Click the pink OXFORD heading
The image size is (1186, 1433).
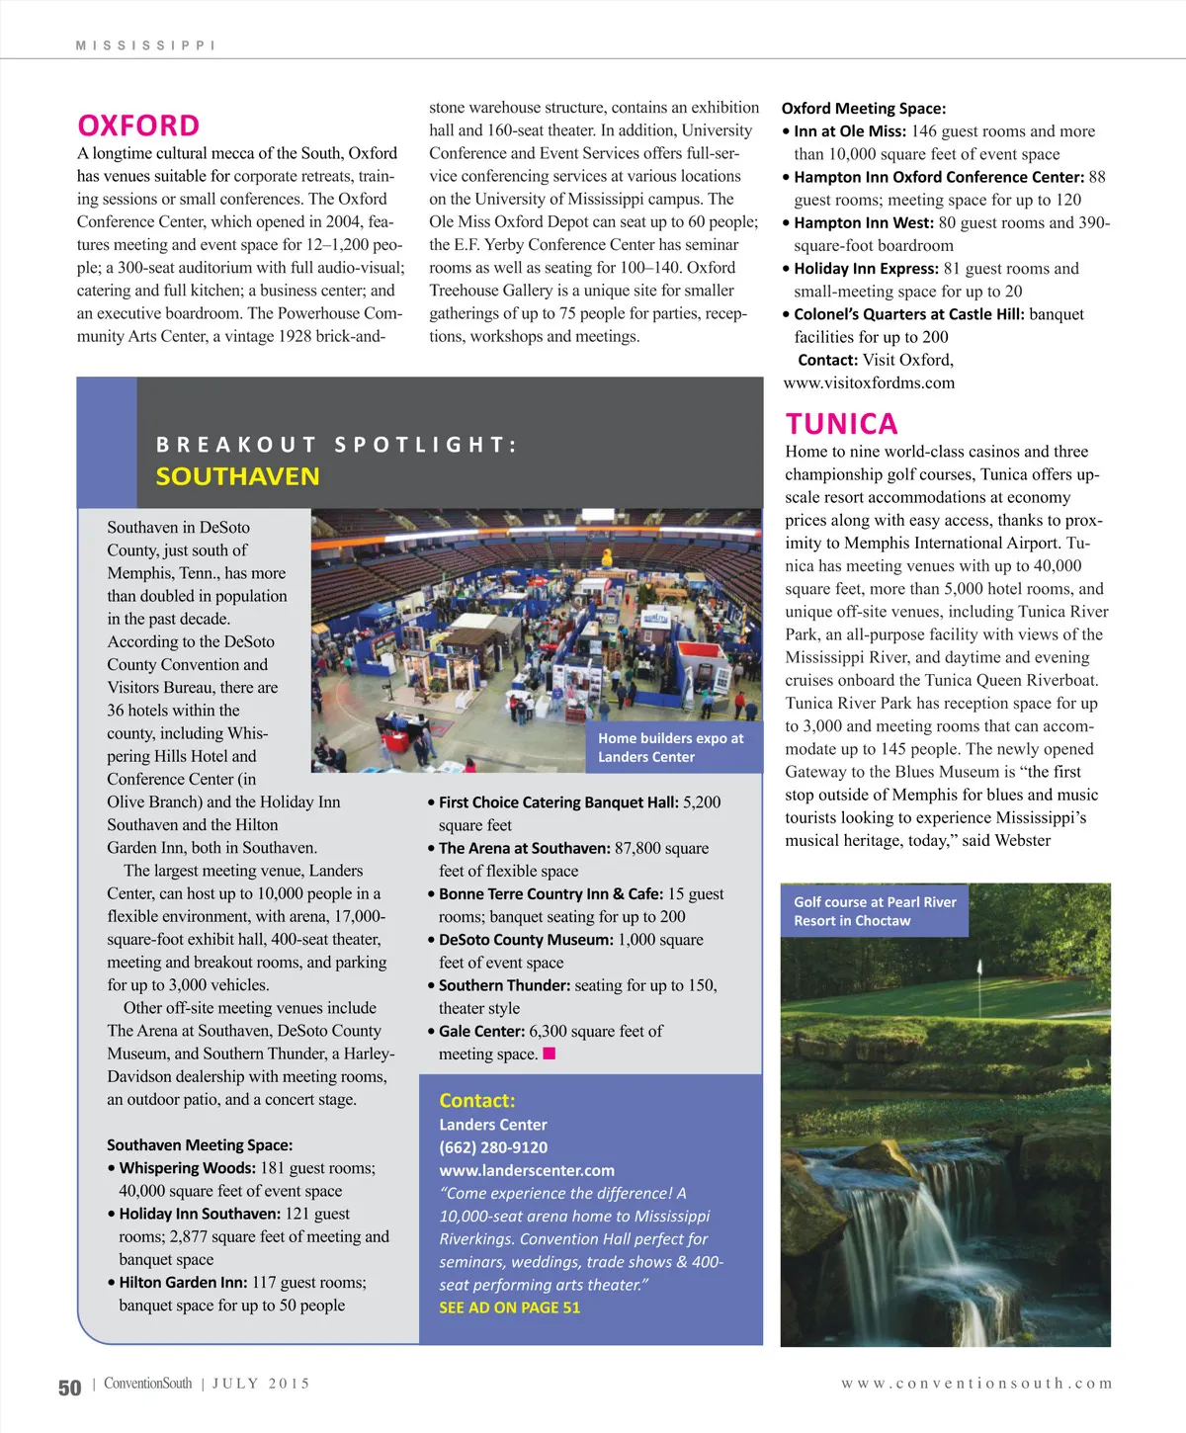(x=138, y=126)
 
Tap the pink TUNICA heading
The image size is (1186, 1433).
(x=841, y=424)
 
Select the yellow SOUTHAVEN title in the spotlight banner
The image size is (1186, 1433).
(x=237, y=476)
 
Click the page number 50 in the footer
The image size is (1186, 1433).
(x=69, y=1388)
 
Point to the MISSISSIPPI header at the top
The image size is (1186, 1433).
(x=145, y=45)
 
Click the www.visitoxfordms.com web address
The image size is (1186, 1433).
(x=869, y=382)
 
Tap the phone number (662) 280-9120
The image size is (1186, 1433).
(x=493, y=1147)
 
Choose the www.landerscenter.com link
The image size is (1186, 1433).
(x=527, y=1170)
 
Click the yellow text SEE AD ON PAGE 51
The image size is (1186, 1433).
(x=509, y=1307)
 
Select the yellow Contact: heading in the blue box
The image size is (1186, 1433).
(x=477, y=1101)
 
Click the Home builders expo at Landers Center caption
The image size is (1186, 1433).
(x=671, y=747)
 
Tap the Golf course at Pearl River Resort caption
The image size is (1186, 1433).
(x=875, y=911)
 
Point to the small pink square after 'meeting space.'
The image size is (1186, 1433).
(x=550, y=1054)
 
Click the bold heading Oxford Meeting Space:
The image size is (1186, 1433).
(x=863, y=109)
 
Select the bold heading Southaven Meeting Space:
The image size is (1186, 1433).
(x=200, y=1144)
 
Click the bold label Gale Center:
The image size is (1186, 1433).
(x=481, y=1031)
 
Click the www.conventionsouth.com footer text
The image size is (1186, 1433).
(x=976, y=1384)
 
